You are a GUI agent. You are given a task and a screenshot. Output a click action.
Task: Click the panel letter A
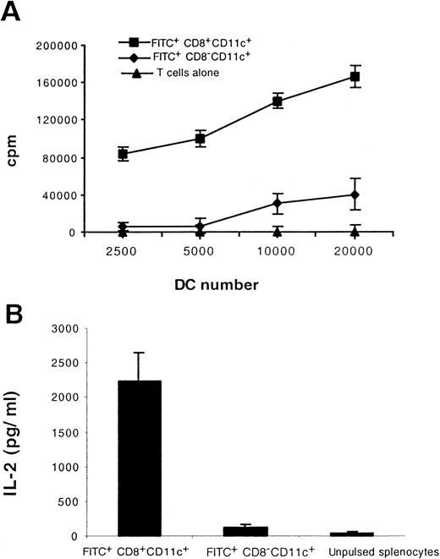15,12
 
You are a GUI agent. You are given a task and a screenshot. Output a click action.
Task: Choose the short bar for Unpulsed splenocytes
352,534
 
